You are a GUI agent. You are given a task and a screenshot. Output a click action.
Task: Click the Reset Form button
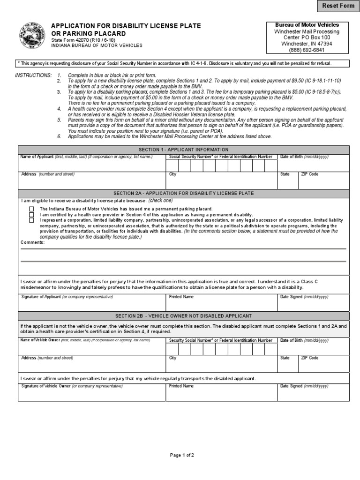[x=337, y=6]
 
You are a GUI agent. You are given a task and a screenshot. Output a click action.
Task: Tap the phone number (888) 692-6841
[x=307, y=50]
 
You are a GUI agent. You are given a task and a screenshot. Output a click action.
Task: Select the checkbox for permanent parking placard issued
[x=31, y=209]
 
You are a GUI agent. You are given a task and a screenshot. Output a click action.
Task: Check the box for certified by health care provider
[x=31, y=214]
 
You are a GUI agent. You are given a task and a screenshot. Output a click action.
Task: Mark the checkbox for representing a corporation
[x=31, y=219]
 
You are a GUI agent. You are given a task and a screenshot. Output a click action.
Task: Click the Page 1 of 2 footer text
[x=181, y=455]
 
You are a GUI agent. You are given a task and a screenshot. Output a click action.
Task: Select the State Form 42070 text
[x=77, y=40]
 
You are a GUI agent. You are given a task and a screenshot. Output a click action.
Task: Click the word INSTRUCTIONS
[x=33, y=75]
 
